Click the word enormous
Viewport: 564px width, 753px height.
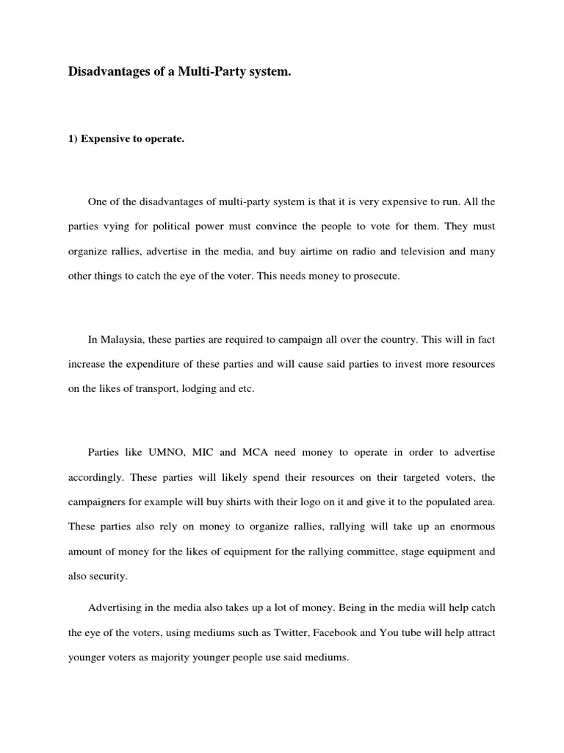pos(469,527)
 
